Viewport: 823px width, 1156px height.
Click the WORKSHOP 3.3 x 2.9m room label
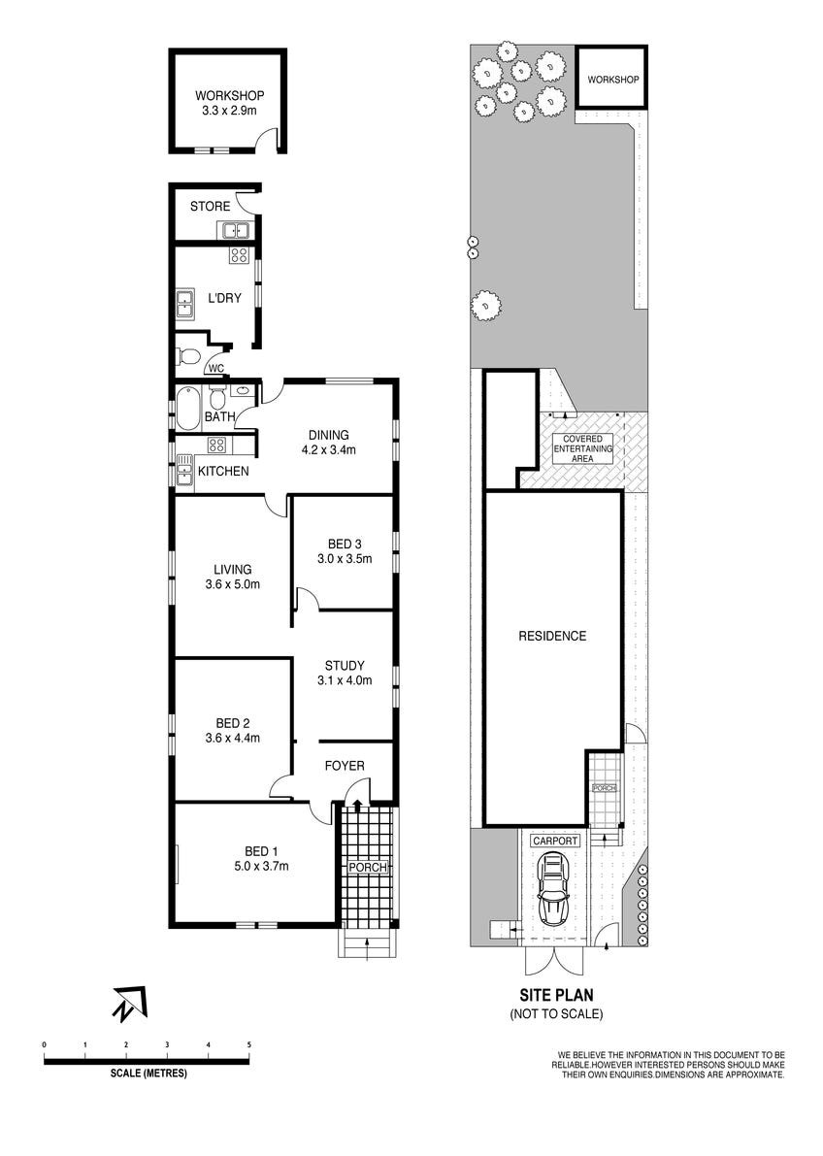pyautogui.click(x=230, y=104)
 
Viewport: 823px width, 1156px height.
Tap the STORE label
pyautogui.click(x=210, y=207)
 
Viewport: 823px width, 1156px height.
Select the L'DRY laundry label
pyautogui.click(x=223, y=297)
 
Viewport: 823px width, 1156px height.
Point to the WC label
pyautogui.click(x=216, y=369)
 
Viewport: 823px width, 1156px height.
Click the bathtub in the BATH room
pyautogui.click(x=185, y=407)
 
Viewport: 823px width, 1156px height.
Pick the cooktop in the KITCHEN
pyautogui.click(x=217, y=446)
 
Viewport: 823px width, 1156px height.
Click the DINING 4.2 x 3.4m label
pyautogui.click(x=328, y=442)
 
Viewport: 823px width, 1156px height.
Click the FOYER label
pyautogui.click(x=345, y=766)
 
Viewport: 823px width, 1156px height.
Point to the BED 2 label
pyautogui.click(x=233, y=730)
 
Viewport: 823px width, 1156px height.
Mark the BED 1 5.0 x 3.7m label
pyautogui.click(x=253, y=859)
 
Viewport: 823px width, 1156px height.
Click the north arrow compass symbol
pyautogui.click(x=129, y=1003)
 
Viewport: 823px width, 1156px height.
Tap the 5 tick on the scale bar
pyautogui.click(x=249, y=1044)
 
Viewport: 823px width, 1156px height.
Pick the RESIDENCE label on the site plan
pyautogui.click(x=552, y=637)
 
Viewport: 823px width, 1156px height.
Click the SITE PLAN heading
pyautogui.click(x=556, y=994)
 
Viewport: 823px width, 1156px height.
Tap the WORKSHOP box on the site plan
pyautogui.click(x=612, y=79)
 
